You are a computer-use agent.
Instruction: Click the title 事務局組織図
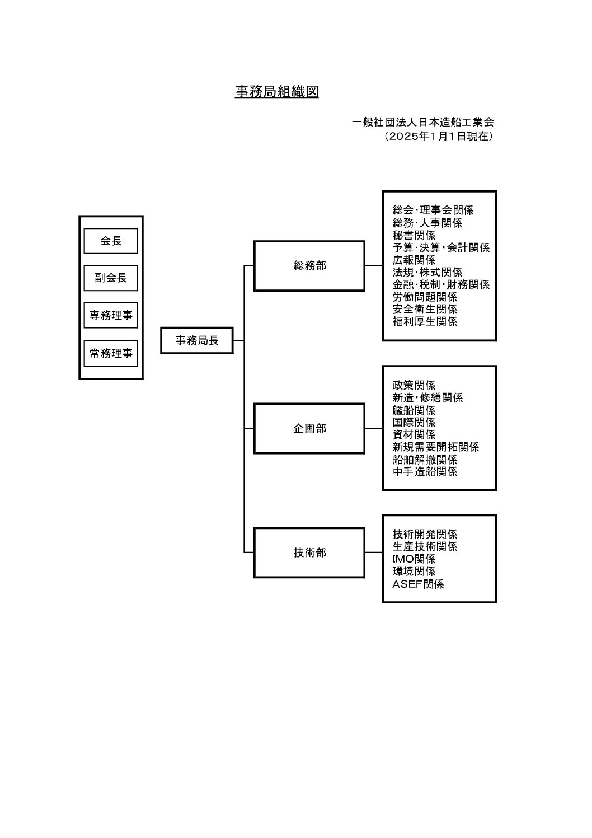(x=277, y=92)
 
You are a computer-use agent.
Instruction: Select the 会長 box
(x=111, y=241)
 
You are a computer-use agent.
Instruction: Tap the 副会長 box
(x=111, y=278)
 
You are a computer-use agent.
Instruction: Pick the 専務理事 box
(x=111, y=315)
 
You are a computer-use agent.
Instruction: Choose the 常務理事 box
(x=111, y=353)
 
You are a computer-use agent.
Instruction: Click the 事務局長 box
(x=197, y=340)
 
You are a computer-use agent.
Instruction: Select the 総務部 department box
(x=309, y=265)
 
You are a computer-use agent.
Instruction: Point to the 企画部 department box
(x=309, y=428)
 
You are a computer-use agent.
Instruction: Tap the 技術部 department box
(x=309, y=553)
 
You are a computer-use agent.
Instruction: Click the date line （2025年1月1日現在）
(x=438, y=136)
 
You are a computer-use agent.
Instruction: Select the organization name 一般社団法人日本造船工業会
(x=423, y=122)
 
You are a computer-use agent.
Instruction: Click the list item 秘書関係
(x=414, y=235)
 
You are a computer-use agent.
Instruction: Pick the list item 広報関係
(x=414, y=260)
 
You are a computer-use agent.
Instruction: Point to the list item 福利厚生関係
(x=425, y=321)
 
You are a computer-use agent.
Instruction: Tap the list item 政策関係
(x=414, y=385)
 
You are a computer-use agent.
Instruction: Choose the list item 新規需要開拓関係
(x=436, y=447)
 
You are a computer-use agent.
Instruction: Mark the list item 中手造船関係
(x=425, y=471)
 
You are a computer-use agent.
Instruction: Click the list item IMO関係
(x=414, y=559)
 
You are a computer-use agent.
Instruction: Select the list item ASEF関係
(x=418, y=584)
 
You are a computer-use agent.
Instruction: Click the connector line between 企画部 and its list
(x=374, y=428)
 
